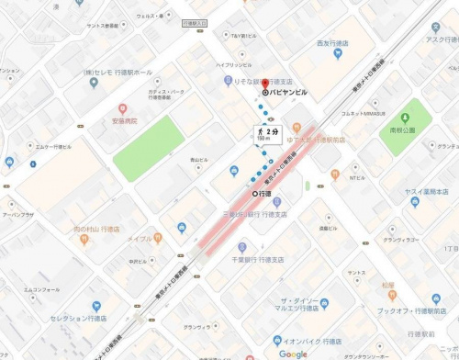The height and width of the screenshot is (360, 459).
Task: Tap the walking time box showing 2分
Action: pos(266,134)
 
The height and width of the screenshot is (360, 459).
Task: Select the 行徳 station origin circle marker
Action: pos(255,194)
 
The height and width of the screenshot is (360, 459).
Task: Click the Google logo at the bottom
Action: pos(294,354)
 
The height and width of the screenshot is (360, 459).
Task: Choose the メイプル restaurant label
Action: pos(140,238)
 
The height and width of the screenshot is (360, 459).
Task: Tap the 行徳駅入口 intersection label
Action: pos(196,21)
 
